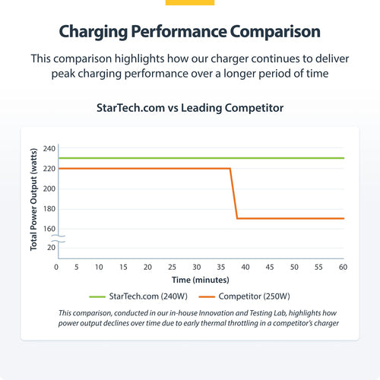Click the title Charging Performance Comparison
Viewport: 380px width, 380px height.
189,33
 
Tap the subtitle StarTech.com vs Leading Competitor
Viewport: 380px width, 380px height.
189,108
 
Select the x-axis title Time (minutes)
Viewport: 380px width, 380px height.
201,281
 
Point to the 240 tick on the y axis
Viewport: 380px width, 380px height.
49,148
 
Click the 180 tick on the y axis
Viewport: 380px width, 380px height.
49,209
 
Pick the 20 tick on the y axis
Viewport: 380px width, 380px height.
51,247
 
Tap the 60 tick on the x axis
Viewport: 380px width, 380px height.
344,268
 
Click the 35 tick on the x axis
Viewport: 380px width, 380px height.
221,268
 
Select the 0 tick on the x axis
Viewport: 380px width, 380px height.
56,268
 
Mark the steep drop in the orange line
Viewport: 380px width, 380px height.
234,194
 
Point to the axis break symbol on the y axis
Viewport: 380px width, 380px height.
60,238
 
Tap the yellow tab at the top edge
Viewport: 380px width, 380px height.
189,2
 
